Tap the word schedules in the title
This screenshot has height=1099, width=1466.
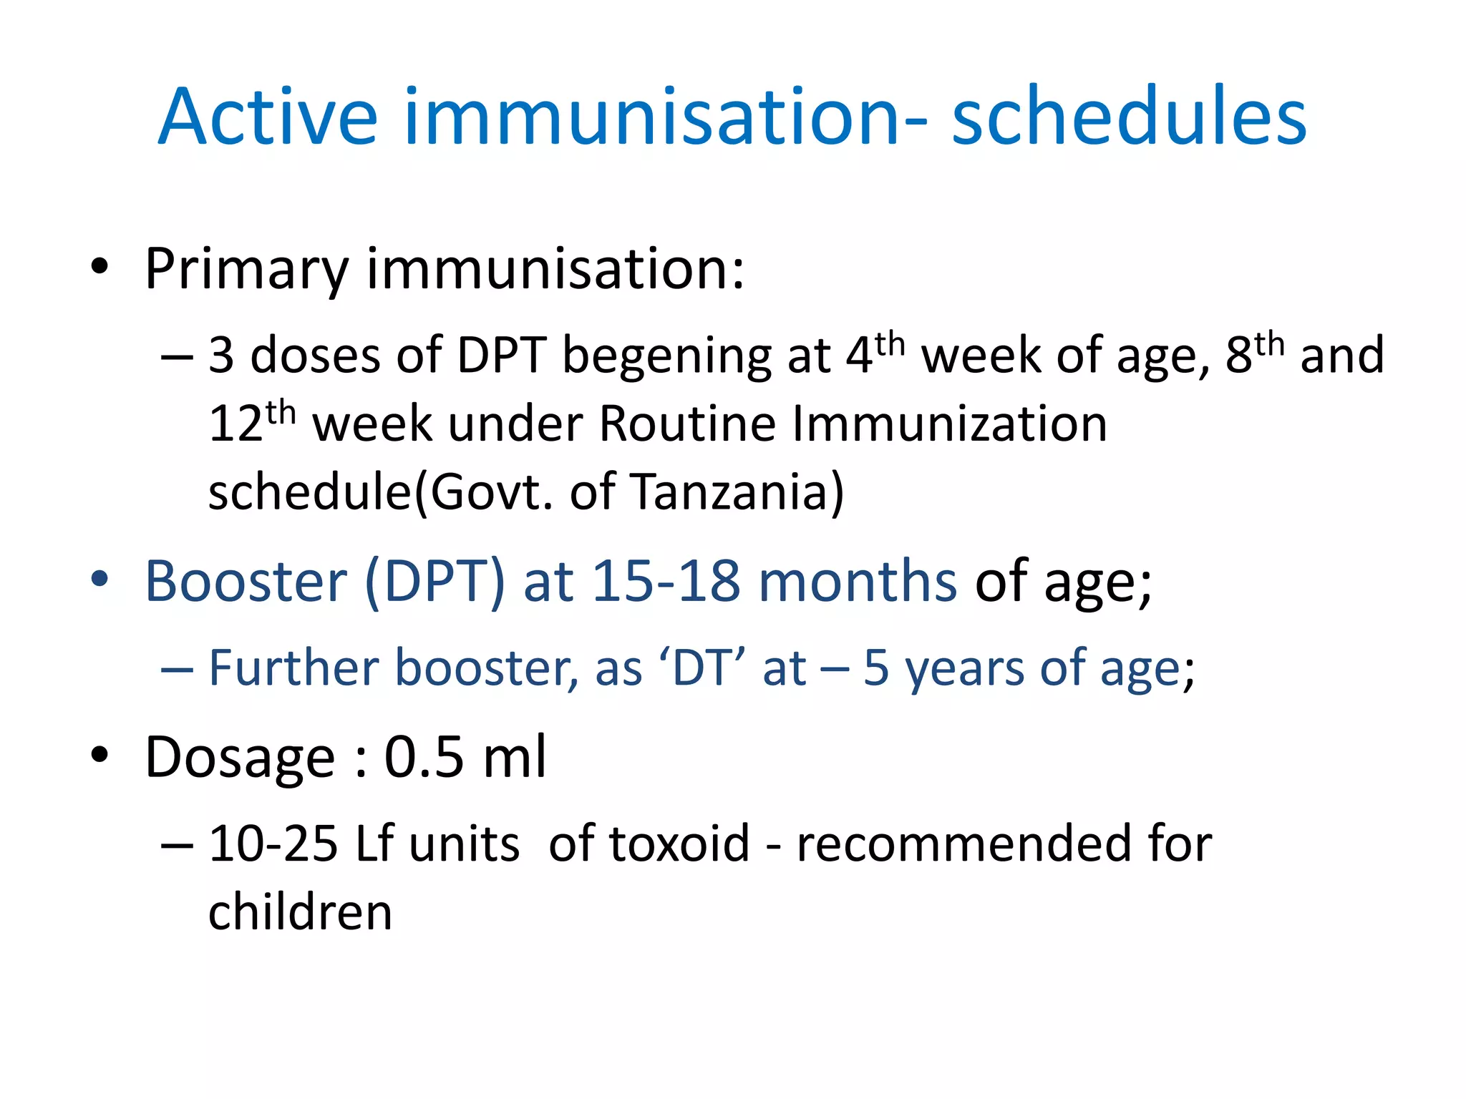tap(1129, 117)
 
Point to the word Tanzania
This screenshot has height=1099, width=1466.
tap(737, 492)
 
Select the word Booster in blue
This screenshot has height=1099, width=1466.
tap(246, 581)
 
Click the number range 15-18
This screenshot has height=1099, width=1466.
tap(666, 581)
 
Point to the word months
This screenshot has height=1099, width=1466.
tap(857, 581)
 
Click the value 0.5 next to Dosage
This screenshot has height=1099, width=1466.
tap(424, 757)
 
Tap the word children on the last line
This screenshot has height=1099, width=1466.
tap(300, 913)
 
